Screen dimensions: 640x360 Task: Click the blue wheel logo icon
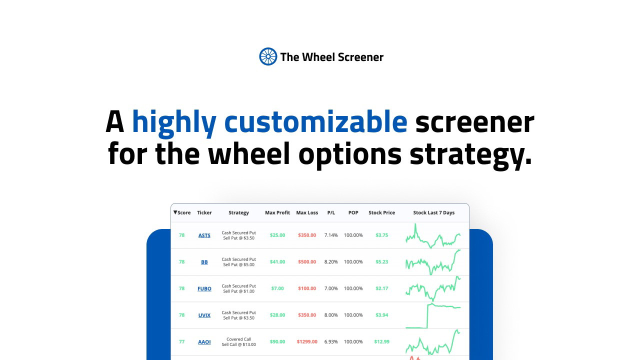point(268,56)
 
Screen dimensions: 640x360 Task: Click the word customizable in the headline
point(315,122)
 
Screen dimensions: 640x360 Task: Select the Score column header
point(182,212)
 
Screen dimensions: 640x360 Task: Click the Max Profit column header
point(277,212)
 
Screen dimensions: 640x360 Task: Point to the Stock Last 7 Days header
point(433,212)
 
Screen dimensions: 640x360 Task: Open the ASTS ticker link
point(204,235)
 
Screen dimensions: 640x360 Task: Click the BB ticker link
point(204,262)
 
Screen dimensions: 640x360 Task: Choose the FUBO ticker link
point(204,288)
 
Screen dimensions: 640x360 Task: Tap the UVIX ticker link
point(204,315)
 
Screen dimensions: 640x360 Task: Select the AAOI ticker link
point(204,341)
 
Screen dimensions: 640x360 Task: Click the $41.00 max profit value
point(277,261)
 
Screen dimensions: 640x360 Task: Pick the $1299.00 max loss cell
point(307,341)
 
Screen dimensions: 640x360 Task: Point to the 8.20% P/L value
point(331,261)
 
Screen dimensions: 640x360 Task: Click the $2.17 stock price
point(381,288)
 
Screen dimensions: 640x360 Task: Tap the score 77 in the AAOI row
point(181,341)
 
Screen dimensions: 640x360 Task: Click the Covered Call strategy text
point(239,339)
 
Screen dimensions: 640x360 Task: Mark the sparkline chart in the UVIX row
point(433,315)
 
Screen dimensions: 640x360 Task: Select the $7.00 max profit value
point(277,288)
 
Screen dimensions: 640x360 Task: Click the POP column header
point(353,212)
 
